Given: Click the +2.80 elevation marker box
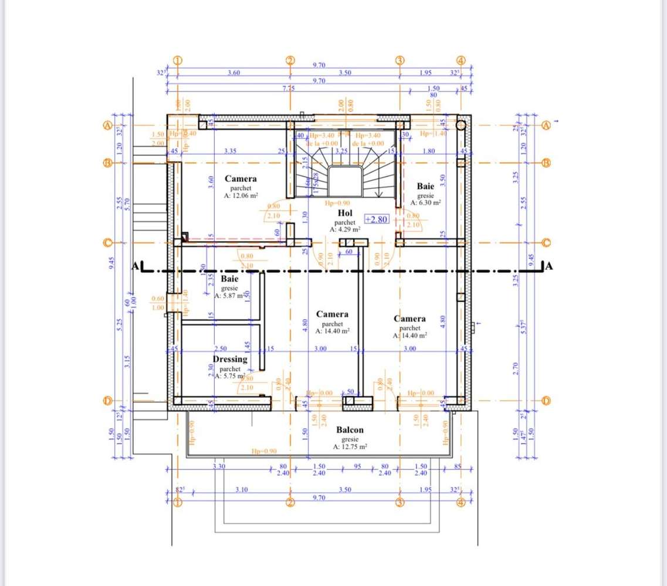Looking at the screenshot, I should pyautogui.click(x=377, y=219).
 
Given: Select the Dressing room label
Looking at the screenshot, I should pyautogui.click(x=230, y=359).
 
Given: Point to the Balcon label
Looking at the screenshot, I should pyautogui.click(x=350, y=430).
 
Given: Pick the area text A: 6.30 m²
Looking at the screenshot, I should pyautogui.click(x=425, y=202).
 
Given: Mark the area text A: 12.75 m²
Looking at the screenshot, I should pyautogui.click(x=350, y=446).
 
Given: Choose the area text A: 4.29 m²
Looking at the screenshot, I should pyautogui.click(x=345, y=230).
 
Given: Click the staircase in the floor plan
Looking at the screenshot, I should pyautogui.click(x=346, y=170).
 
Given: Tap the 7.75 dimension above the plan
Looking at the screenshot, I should pyautogui.click(x=289, y=89).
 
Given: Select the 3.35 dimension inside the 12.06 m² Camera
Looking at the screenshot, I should pyautogui.click(x=230, y=151).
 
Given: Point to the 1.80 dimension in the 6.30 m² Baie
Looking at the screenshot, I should pyautogui.click(x=428, y=151).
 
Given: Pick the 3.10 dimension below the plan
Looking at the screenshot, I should pyautogui.click(x=241, y=489).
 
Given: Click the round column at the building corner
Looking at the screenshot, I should pyautogui.click(x=461, y=124).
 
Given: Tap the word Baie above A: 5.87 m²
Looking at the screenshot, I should pyautogui.click(x=229, y=280).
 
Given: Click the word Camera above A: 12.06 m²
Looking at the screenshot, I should pyautogui.click(x=240, y=179).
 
